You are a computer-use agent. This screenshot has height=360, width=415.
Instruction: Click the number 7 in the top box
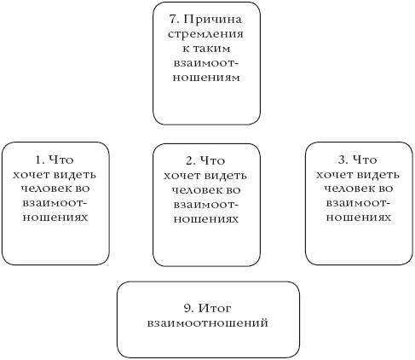(x=174, y=20)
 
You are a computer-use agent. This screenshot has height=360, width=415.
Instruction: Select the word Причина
(x=212, y=20)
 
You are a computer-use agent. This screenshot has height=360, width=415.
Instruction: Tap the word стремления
(x=205, y=34)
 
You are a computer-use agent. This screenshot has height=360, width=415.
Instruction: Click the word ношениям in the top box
(x=206, y=78)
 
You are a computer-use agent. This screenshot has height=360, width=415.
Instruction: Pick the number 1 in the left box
(x=39, y=160)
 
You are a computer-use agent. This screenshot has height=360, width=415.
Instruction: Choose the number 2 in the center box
(x=191, y=161)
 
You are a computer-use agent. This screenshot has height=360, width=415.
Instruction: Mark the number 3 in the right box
(x=343, y=160)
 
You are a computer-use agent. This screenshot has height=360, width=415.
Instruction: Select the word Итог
(x=214, y=308)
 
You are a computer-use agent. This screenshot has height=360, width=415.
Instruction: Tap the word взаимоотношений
(x=208, y=323)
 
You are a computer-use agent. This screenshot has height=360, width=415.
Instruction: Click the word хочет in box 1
(x=31, y=175)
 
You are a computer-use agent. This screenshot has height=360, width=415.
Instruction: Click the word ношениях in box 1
(x=55, y=218)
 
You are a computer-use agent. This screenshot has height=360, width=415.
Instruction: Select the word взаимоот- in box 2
(x=206, y=205)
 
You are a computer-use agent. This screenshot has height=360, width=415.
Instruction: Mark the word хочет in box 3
(x=334, y=175)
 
